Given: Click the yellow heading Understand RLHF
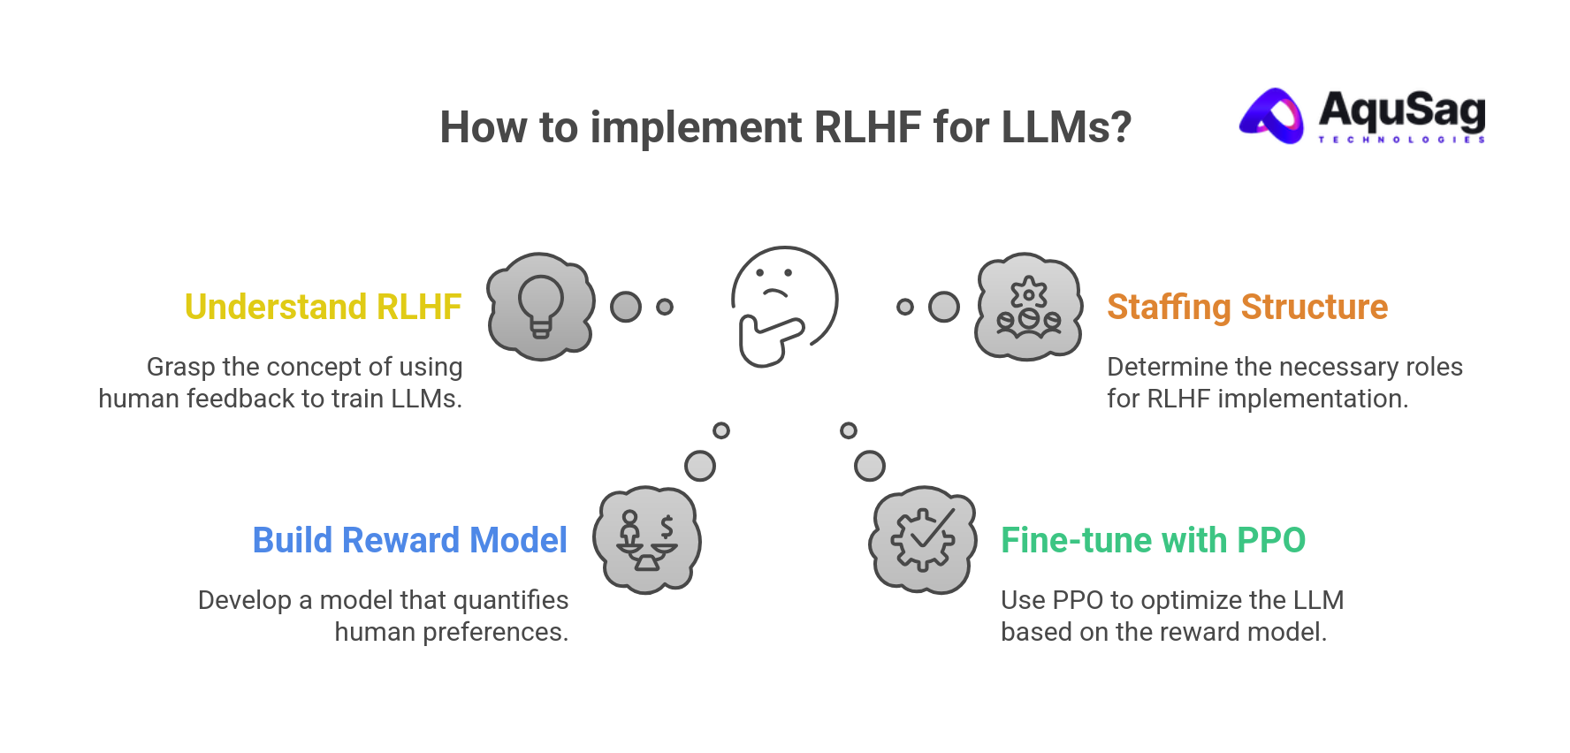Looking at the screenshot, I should coord(323,308).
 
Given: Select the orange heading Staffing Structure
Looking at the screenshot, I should coord(1246,308).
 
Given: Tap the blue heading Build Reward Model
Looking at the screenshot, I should coord(409,540).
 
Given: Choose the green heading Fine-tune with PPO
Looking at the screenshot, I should coord(1153,540).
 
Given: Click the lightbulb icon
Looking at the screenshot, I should coord(540,306).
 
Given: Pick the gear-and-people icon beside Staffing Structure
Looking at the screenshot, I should coord(1028,306).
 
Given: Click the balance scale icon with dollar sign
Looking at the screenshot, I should coord(647,539).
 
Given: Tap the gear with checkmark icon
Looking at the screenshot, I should coord(923,539).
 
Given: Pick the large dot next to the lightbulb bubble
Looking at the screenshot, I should coord(626,307).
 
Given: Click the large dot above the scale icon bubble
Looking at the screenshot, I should coord(700,466).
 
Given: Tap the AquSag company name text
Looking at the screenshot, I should coord(1401,110).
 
